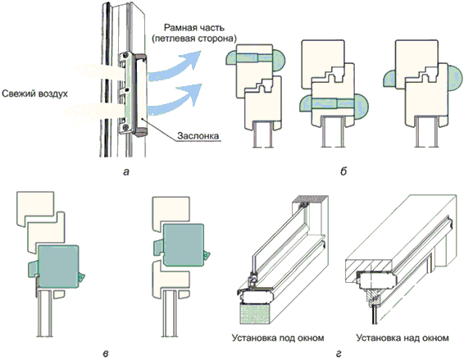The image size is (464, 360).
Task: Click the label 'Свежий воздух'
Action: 35,93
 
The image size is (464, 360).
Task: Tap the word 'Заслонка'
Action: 198,136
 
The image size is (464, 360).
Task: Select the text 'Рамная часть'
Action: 194,28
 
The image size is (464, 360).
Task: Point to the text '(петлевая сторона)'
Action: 194,39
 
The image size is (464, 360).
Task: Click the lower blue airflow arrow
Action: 175,99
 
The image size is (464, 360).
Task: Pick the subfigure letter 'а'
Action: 126,171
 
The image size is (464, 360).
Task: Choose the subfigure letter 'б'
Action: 343,171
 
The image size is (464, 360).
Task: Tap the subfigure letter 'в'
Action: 106,353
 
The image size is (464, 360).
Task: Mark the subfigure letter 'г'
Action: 339,353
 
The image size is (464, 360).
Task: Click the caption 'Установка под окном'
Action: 278,338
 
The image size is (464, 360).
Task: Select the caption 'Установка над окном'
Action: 403,338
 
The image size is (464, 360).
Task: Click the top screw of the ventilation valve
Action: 126,55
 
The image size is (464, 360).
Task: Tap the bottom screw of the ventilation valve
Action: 126,127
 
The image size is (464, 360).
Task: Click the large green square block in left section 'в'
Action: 58,267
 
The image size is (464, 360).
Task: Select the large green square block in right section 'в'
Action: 184,245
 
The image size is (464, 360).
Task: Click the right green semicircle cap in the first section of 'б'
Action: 279,60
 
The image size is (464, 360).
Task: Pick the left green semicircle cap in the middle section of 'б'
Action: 306,103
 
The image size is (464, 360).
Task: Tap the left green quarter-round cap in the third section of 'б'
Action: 390,79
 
